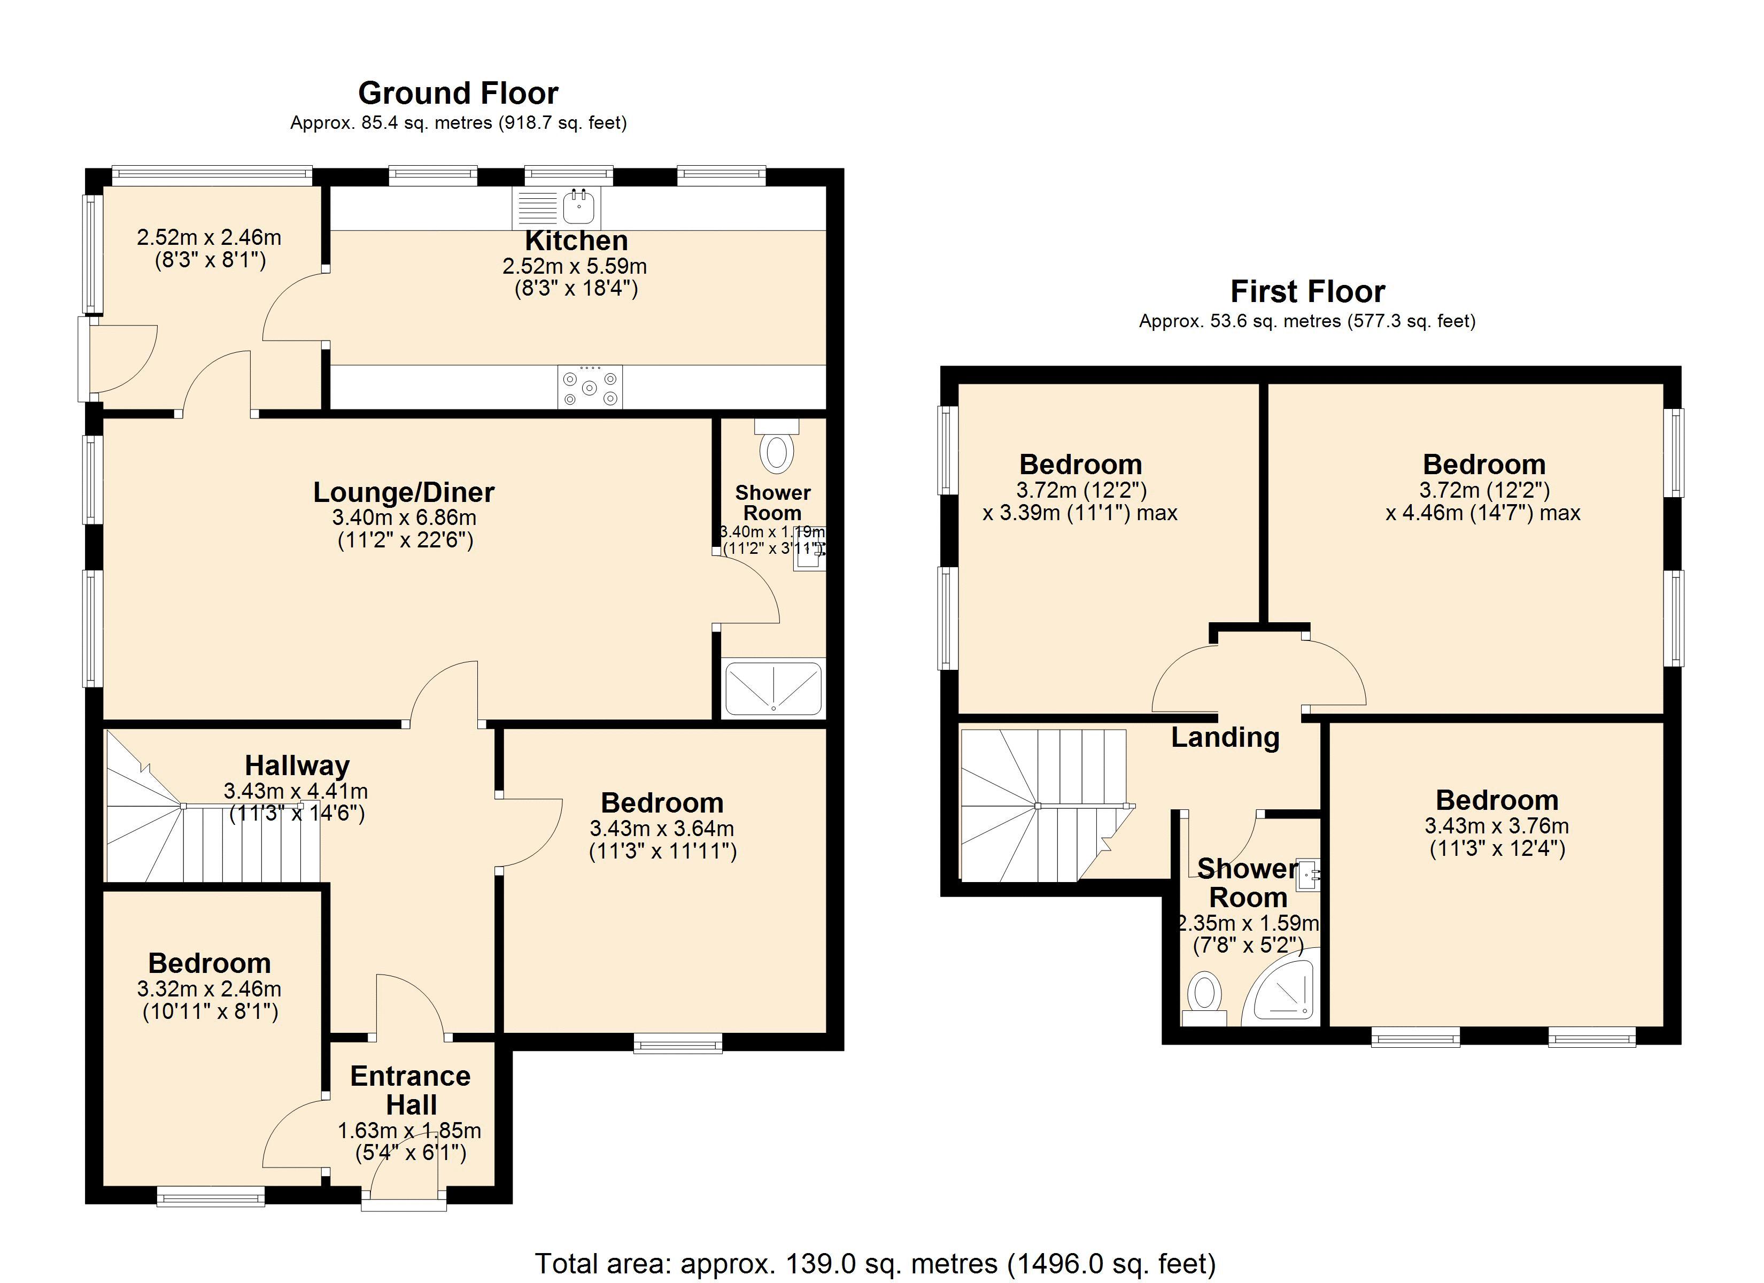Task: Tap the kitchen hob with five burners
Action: (590, 387)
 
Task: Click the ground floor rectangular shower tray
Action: (774, 689)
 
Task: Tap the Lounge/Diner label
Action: (404, 492)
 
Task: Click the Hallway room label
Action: (297, 766)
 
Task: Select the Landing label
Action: (1225, 737)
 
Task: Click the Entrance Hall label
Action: (411, 1090)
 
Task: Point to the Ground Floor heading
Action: (458, 94)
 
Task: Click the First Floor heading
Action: (1307, 292)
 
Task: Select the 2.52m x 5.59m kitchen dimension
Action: (575, 267)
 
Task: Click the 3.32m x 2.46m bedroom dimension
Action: (209, 990)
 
